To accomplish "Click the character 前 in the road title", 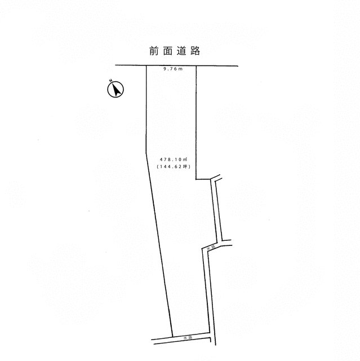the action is click(154, 51).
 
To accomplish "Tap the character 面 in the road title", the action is click(167, 51).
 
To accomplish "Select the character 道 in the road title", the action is click(181, 51).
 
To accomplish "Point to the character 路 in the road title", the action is click(195, 51).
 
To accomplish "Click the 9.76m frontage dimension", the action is click(173, 69).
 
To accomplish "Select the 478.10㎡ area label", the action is click(174, 159).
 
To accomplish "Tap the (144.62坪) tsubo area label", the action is click(174, 166).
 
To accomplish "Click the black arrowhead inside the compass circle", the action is click(117, 90).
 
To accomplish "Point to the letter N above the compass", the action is click(111, 80).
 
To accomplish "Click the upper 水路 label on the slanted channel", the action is click(211, 248).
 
